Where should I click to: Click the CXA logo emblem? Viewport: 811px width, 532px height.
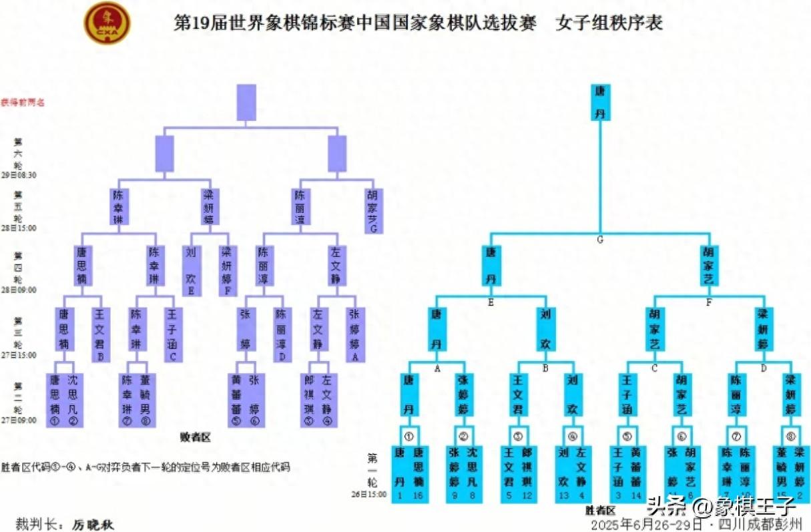(x=107, y=23)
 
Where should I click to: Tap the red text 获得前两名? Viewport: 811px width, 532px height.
(x=22, y=103)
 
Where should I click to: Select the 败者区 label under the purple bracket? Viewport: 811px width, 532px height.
(x=195, y=438)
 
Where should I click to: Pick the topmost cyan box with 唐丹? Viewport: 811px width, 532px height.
(x=600, y=101)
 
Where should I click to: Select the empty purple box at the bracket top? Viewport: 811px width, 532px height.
(x=246, y=102)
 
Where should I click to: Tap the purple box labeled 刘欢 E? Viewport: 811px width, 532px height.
(x=192, y=270)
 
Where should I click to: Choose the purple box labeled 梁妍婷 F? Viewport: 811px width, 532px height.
(x=228, y=270)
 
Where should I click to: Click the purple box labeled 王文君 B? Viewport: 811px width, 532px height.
(x=100, y=333)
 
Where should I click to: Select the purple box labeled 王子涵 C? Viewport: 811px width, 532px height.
(x=173, y=333)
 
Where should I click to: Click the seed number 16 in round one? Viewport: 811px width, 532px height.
(x=418, y=495)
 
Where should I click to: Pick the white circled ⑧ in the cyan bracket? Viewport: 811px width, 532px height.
(x=790, y=437)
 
